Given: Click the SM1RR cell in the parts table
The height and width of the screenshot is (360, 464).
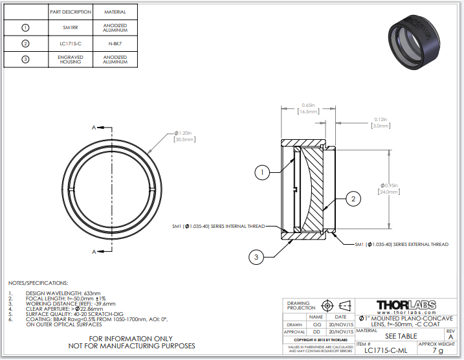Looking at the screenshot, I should (x=71, y=28).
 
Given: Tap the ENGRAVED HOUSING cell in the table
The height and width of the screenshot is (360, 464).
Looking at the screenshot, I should (x=71, y=60).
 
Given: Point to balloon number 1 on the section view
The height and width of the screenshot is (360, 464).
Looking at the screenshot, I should (x=261, y=172).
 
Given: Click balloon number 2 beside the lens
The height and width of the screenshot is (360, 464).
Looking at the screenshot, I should (x=353, y=199).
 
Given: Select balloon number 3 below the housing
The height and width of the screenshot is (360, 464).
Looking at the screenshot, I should (x=256, y=257).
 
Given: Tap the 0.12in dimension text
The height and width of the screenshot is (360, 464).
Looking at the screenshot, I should (x=381, y=122).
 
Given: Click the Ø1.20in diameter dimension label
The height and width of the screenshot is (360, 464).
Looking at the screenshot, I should (x=184, y=136).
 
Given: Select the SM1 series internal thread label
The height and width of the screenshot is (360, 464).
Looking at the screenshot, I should (x=218, y=226).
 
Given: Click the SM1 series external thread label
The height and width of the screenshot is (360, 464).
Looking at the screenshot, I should (x=401, y=244).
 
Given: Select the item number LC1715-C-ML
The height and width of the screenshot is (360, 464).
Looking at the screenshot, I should (x=386, y=350).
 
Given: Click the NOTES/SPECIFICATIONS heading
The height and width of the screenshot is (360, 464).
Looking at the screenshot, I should (x=38, y=283).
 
